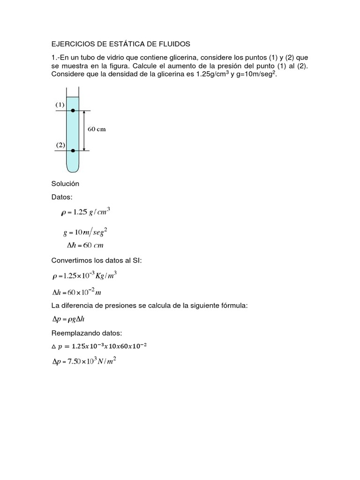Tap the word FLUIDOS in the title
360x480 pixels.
(172, 44)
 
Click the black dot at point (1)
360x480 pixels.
(73, 111)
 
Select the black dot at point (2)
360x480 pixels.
(73, 150)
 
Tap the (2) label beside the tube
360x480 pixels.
(60, 145)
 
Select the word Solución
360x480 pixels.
(65, 184)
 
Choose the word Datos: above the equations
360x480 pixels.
(62, 197)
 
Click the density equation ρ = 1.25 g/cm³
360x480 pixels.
(85, 212)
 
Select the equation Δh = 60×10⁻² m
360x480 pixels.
(77, 292)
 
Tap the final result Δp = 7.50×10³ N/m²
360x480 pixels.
(83, 362)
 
